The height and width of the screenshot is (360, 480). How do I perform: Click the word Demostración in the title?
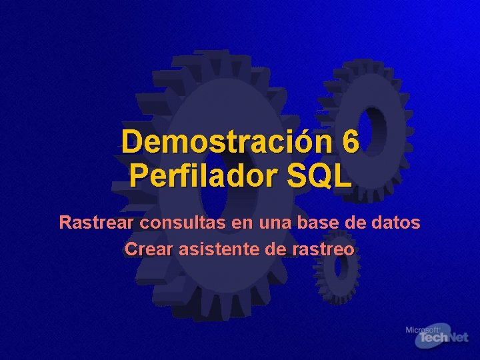[227, 143]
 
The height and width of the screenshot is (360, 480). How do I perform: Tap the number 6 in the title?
[351, 143]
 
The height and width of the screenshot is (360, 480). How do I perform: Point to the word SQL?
[319, 177]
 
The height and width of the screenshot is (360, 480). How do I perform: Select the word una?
[269, 222]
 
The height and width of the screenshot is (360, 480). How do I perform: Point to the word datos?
[397, 222]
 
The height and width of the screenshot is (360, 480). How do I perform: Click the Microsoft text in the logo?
[422, 330]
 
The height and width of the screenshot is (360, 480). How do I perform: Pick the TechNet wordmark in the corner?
[441, 339]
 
